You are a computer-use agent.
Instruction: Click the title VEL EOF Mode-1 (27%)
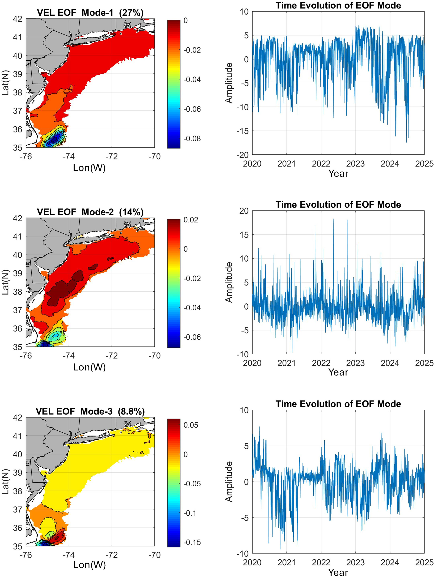pyautogui.click(x=90, y=12)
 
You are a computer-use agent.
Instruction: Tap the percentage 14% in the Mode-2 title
pyautogui.click(x=131, y=212)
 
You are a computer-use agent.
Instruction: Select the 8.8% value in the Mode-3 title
pyautogui.click(x=131, y=411)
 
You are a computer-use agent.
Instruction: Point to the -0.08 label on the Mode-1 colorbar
pyautogui.click(x=192, y=138)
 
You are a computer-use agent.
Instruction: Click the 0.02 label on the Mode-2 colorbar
pyautogui.click(x=190, y=220)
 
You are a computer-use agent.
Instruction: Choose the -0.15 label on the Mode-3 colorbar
pyautogui.click(x=192, y=542)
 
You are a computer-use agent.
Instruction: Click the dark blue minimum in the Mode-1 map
pyautogui.click(x=54, y=140)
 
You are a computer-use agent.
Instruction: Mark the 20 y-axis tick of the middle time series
pyautogui.click(x=244, y=211)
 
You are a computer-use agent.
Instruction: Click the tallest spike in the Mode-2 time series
pyautogui.click(x=333, y=219)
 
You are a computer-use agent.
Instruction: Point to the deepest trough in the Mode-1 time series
pyautogui.click(x=406, y=142)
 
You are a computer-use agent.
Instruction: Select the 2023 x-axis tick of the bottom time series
pyautogui.click(x=355, y=562)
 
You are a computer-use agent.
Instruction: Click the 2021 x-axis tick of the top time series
pyautogui.click(x=287, y=164)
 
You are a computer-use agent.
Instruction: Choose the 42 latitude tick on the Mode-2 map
pyautogui.click(x=18, y=218)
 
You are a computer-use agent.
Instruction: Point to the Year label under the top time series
pyautogui.click(x=338, y=173)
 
